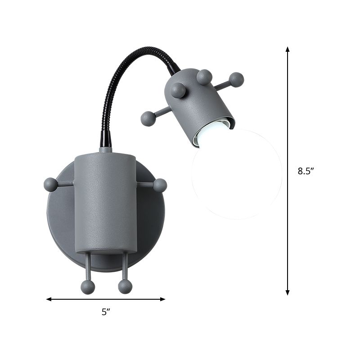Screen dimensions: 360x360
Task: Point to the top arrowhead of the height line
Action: [x=288, y=49]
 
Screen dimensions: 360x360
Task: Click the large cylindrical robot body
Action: [x=105, y=202]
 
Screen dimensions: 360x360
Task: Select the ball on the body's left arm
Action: [x=50, y=184]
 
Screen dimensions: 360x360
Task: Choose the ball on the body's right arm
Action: [x=160, y=185]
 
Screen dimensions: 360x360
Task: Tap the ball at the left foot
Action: [x=88, y=287]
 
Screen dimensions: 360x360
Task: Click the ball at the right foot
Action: [x=125, y=287]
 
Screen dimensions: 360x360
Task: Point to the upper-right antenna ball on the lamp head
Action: [x=236, y=80]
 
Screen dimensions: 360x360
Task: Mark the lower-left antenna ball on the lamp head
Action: [x=148, y=118]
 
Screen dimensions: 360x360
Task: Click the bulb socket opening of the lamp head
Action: [x=211, y=132]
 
